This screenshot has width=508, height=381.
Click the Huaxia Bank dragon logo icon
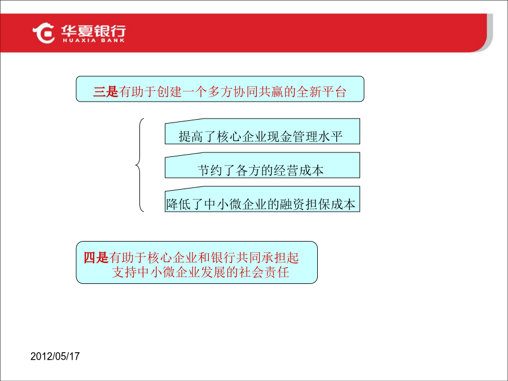tap(43, 33)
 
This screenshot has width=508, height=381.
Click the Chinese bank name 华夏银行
tap(94, 31)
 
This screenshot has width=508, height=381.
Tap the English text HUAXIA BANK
tap(94, 41)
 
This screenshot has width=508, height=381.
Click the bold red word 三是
tap(106, 91)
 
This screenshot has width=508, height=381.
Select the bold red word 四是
tap(96, 257)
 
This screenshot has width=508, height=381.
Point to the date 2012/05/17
tap(55, 356)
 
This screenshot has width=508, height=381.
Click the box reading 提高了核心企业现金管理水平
tap(262, 132)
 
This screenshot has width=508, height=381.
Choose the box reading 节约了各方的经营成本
tap(262, 165)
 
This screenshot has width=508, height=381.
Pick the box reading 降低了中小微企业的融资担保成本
tap(262, 199)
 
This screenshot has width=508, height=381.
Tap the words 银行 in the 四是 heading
tap(223, 257)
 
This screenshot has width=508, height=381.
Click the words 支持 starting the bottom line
tap(124, 272)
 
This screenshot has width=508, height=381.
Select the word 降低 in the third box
tap(178, 204)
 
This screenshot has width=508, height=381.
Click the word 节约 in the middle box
tap(210, 170)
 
